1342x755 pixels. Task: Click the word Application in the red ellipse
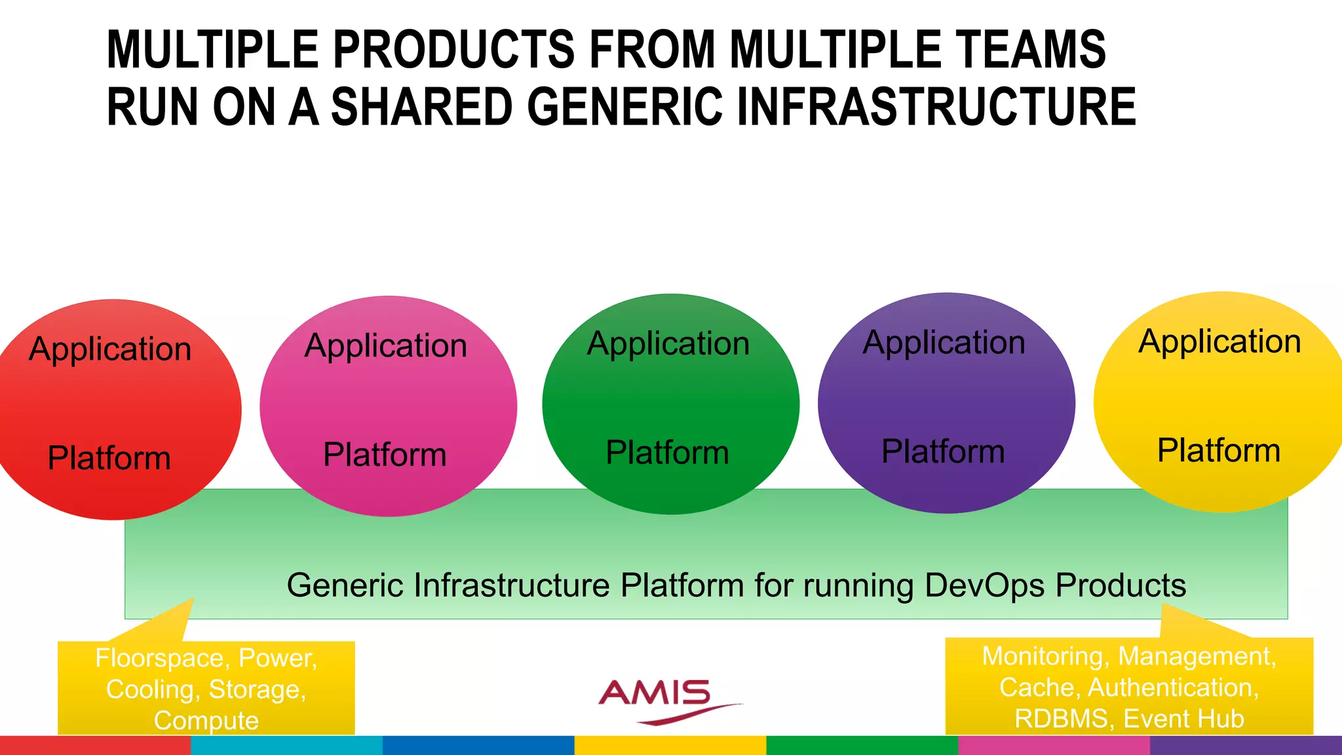point(110,349)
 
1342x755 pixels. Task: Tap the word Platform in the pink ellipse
point(385,455)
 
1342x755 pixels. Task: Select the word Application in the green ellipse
point(668,344)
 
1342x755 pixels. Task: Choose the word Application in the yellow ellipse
point(1219,342)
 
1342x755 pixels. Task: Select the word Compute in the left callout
point(206,720)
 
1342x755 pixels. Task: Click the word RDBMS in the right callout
point(1062,718)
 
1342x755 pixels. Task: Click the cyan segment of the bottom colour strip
point(286,745)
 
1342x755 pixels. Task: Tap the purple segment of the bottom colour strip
point(1245,745)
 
